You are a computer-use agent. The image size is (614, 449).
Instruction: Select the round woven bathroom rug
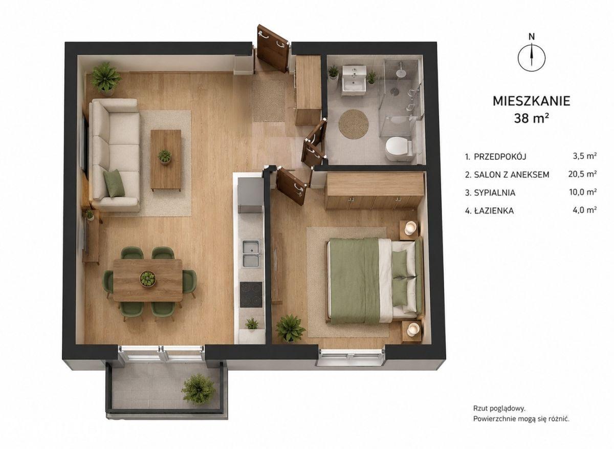point(354,124)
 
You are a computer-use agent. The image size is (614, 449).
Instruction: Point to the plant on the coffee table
point(164,156)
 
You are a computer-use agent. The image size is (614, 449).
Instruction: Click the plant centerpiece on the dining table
point(147,279)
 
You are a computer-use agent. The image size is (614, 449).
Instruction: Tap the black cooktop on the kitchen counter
point(251,295)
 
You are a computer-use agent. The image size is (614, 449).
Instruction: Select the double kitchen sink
point(251,253)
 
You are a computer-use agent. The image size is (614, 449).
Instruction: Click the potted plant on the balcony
point(198,389)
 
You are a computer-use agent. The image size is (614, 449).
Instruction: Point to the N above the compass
point(532,36)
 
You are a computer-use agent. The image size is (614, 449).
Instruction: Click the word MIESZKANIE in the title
point(532,101)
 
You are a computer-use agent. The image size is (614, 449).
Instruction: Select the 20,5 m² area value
point(582,174)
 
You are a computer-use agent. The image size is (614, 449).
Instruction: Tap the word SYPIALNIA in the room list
point(494,193)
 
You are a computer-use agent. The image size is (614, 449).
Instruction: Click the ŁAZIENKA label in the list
point(494,210)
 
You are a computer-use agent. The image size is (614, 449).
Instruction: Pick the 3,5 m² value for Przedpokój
point(585,156)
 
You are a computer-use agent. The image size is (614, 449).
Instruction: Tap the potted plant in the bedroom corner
point(291,328)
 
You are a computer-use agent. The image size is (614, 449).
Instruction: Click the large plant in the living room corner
point(105,77)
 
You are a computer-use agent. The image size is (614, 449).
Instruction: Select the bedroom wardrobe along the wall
point(374,190)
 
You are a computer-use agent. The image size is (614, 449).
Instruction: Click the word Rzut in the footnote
point(480,416)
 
